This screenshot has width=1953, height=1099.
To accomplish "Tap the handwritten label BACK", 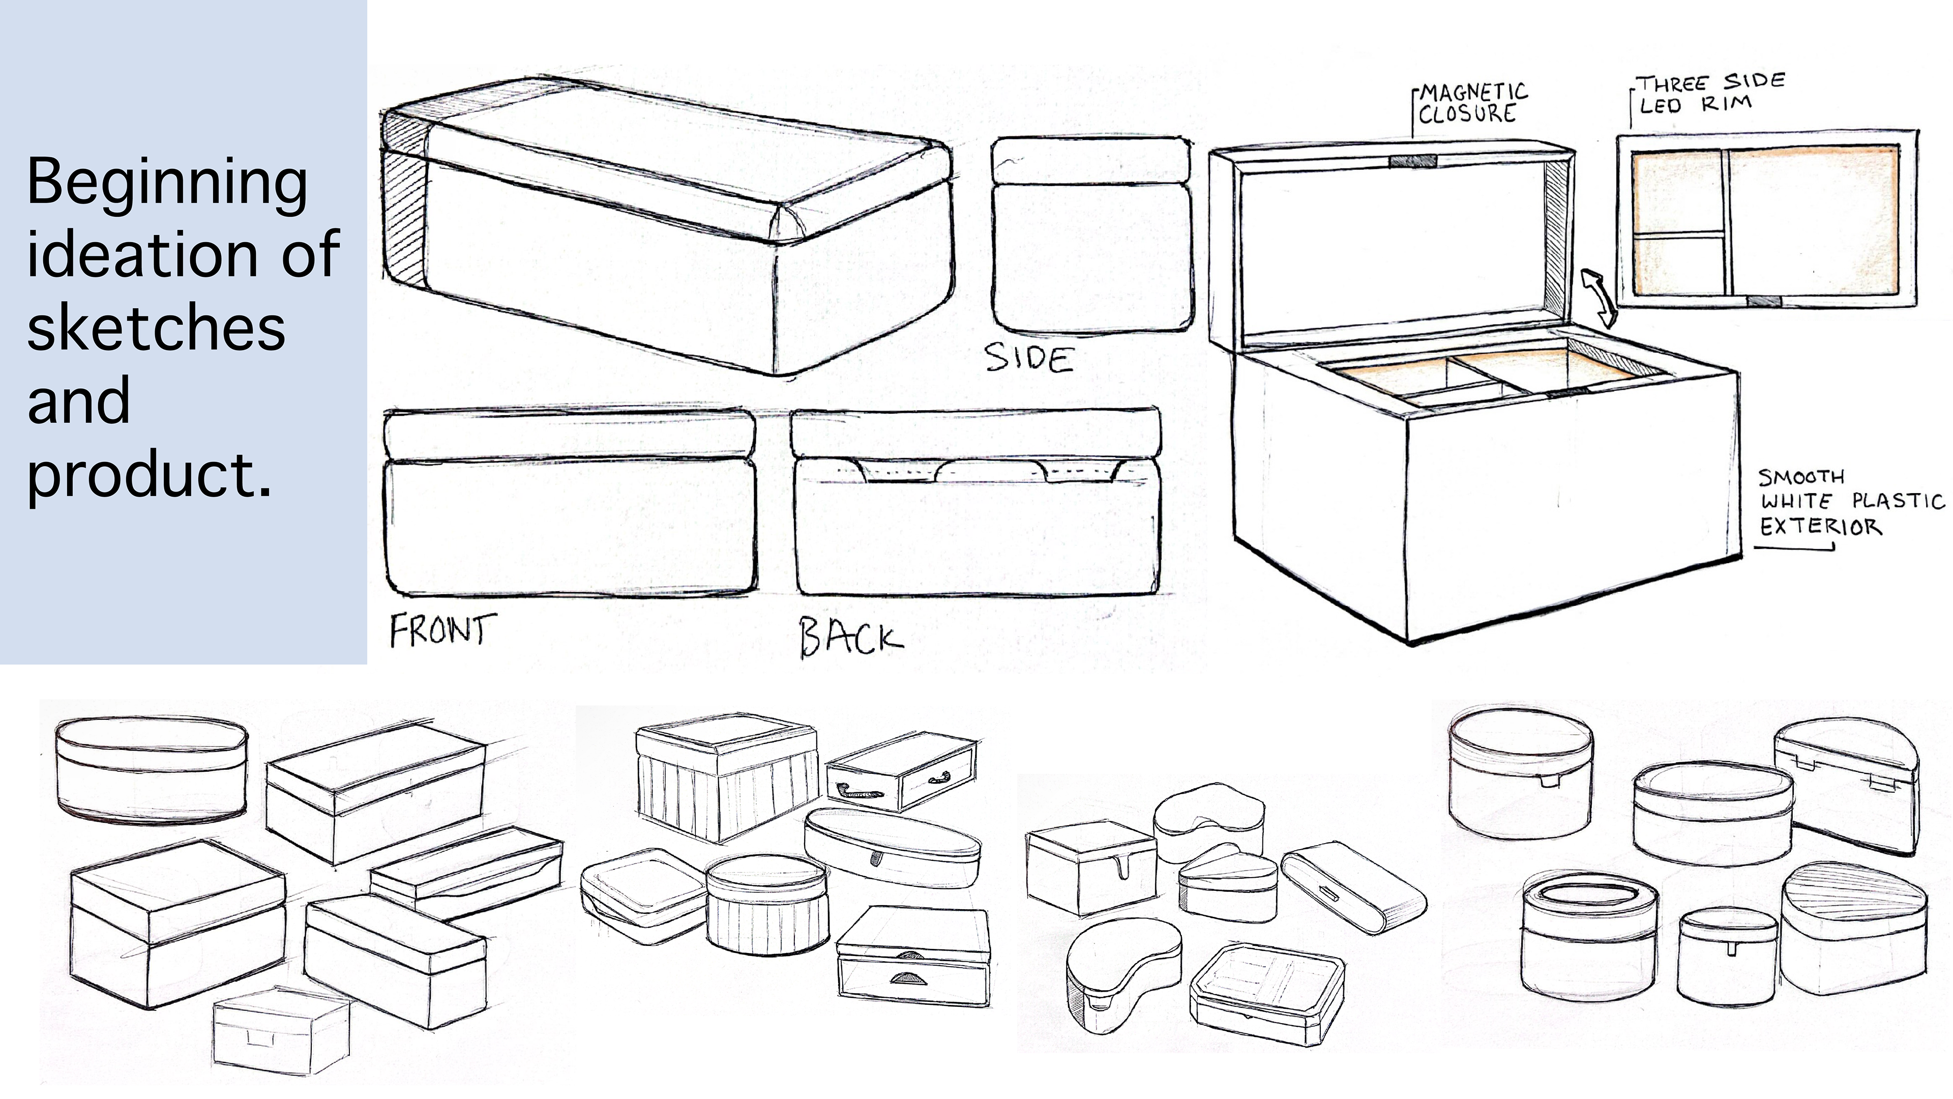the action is (851, 637).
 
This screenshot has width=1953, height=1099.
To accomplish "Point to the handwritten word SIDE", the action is (1029, 358).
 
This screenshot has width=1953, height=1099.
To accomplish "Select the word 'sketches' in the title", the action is (156, 328).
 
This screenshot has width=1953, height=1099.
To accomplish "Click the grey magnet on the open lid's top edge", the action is (1412, 161).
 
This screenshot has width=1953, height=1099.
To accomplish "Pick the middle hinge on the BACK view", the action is (974, 470).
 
